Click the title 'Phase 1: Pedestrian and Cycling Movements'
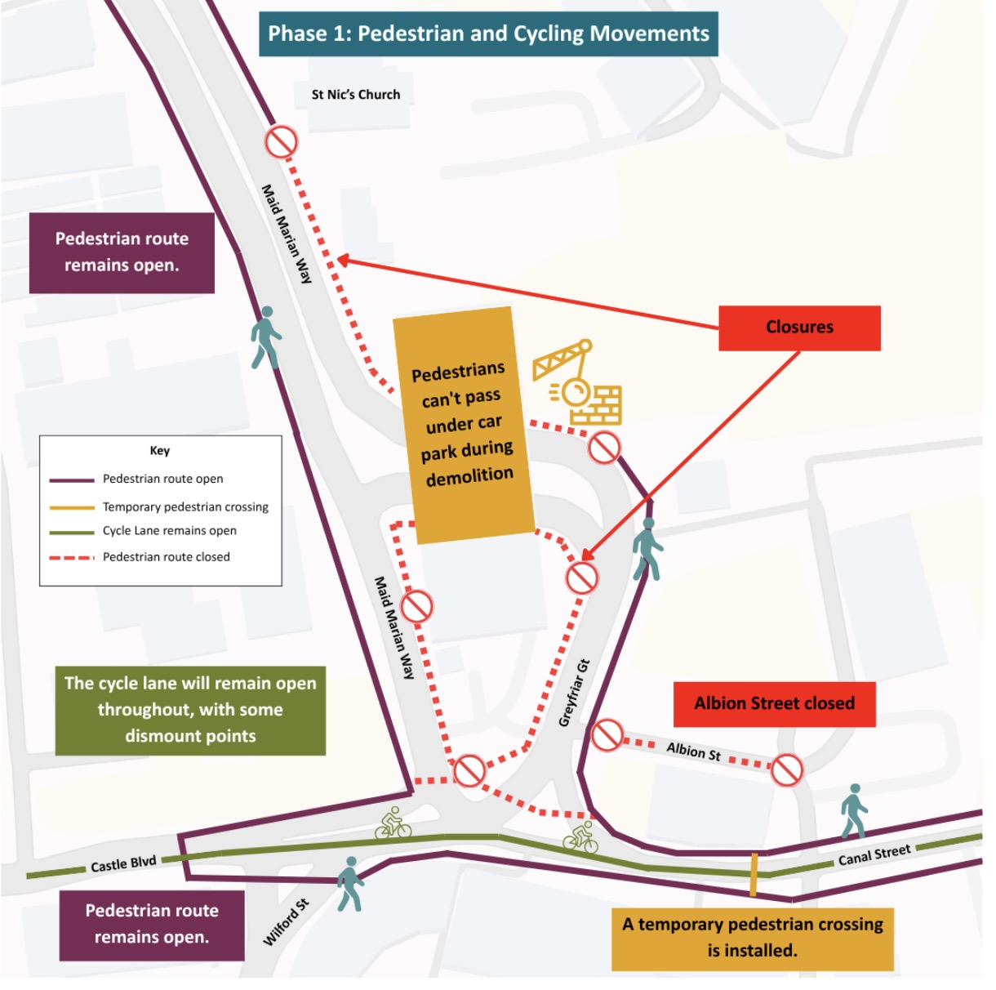(488, 33)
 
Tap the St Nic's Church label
(356, 95)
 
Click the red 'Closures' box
(799, 328)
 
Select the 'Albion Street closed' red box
(774, 704)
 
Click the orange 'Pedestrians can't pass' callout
(464, 426)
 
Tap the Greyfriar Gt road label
(574, 693)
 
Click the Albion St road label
(693, 751)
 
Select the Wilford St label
(286, 922)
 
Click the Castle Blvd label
(123, 863)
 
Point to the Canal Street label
(874, 855)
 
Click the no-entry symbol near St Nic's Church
(281, 141)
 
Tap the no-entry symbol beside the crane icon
(603, 447)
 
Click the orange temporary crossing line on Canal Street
(754, 875)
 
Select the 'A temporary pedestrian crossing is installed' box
(752, 939)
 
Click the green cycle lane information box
(190, 710)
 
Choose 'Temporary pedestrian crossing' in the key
(185, 507)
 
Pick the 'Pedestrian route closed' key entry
(167, 557)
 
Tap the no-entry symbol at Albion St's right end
(787, 769)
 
